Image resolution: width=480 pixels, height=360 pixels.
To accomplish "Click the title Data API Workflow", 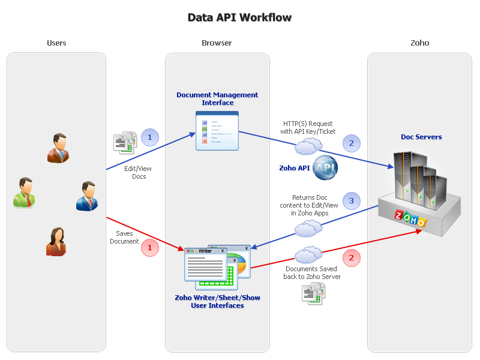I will [239, 17].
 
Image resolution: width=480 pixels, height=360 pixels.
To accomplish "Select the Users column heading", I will [56, 43].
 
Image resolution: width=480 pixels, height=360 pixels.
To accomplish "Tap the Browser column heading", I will [217, 43].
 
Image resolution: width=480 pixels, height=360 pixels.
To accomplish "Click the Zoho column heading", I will [419, 43].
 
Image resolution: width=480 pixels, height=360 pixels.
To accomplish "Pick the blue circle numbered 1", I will [150, 137].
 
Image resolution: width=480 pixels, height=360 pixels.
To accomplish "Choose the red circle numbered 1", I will [150, 247].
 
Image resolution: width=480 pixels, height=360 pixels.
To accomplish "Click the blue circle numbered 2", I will [352, 143].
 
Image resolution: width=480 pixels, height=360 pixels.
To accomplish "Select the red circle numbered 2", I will [352, 257].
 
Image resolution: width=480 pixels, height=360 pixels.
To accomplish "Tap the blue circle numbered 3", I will [352, 200].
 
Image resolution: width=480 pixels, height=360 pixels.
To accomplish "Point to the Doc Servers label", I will [421, 137].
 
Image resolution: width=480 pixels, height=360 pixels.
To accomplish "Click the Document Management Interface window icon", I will [217, 130].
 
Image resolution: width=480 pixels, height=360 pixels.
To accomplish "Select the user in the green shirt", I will [24, 193].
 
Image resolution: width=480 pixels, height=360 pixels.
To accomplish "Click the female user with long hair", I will [56, 241].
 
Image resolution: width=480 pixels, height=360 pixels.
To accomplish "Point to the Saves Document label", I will [124, 237].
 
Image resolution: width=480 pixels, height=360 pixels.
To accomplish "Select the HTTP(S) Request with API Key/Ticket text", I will [308, 127].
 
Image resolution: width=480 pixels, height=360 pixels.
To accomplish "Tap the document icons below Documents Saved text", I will [313, 293].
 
